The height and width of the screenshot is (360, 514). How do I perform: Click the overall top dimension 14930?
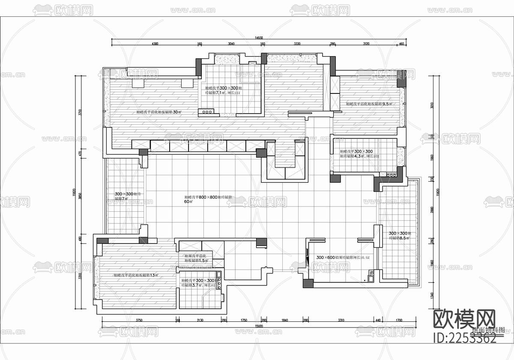(x=259, y=38)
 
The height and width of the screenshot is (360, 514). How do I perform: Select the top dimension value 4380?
(x=155, y=44)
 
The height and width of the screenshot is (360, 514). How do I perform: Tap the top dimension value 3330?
(x=297, y=44)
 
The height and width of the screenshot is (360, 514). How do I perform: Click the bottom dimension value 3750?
(x=139, y=320)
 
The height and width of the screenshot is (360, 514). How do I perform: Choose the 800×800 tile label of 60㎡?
(x=208, y=199)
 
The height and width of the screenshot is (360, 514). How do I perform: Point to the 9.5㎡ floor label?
(x=369, y=104)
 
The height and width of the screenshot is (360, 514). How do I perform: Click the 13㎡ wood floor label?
(x=136, y=275)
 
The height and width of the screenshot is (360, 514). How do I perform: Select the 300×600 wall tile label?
(x=343, y=257)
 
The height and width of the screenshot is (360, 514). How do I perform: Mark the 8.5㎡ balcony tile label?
(x=399, y=235)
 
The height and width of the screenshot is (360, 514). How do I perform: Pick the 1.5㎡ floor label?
(x=196, y=258)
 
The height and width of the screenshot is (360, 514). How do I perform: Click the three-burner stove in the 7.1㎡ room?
(x=207, y=112)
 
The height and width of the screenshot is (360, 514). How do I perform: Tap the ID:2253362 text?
(x=466, y=339)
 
